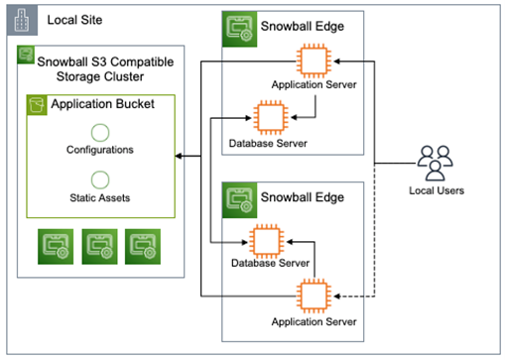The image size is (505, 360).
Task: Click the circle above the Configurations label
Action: coord(99,132)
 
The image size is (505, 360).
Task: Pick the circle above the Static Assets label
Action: coord(99,180)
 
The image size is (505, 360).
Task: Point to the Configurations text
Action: coord(99,150)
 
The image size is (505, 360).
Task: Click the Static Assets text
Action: coord(99,197)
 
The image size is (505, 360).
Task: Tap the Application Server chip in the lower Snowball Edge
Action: coord(313,296)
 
